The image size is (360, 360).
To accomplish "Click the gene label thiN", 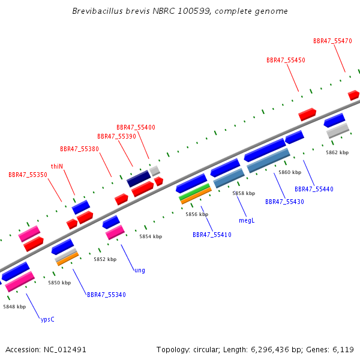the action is (57, 166).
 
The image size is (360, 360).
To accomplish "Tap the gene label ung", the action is (140, 270).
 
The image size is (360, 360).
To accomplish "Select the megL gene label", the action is (247, 220).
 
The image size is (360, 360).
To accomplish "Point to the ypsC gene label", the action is (47, 319).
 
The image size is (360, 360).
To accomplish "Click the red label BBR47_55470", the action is (332, 41).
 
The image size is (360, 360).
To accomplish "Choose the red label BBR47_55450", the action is (286, 60).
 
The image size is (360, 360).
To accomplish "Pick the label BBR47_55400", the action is (136, 127).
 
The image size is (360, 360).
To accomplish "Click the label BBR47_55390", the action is (116, 136).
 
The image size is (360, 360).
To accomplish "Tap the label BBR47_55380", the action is (79, 149).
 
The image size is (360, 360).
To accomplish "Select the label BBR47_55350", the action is (28, 175).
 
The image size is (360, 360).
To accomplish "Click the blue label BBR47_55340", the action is (106, 295).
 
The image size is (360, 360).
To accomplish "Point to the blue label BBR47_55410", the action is (212, 235).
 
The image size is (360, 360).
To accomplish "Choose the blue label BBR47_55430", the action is (284, 202).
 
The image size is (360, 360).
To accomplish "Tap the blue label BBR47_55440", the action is (314, 189).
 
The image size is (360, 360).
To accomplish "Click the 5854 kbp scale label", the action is (151, 236).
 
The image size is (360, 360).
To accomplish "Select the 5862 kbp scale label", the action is (337, 152).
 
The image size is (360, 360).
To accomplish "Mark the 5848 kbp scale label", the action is (14, 307).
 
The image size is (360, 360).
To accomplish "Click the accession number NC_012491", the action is (65, 350).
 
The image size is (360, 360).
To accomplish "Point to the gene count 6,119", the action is (343, 350).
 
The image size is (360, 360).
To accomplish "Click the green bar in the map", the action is (194, 191).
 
